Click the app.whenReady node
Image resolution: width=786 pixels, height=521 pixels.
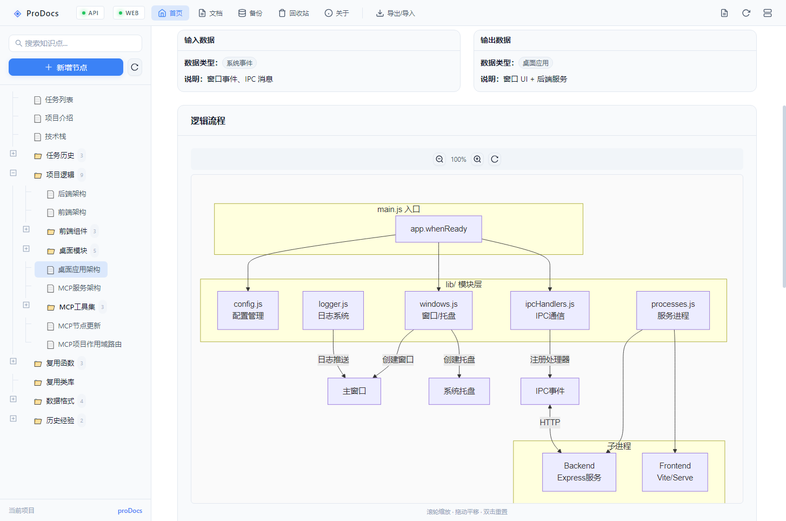(x=438, y=229)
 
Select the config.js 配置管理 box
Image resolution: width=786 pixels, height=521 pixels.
(x=248, y=310)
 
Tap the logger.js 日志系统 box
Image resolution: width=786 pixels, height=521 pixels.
(x=333, y=310)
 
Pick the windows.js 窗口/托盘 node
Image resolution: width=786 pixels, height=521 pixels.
(x=438, y=310)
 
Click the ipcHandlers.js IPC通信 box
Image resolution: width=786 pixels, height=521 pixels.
(x=550, y=310)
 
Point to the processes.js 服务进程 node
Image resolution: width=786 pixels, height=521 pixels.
(x=673, y=310)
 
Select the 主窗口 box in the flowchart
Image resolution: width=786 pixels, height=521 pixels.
(x=354, y=391)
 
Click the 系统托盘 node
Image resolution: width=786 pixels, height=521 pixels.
(x=459, y=391)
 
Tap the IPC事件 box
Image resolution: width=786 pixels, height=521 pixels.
(x=550, y=391)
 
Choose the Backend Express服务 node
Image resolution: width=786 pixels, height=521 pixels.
(x=579, y=472)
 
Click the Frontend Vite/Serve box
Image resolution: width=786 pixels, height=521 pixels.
(x=675, y=472)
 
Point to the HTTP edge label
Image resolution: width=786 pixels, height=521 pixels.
(x=550, y=423)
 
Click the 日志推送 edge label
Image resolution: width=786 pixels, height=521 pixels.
(x=333, y=360)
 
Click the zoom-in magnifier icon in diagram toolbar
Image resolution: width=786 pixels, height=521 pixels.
(x=477, y=159)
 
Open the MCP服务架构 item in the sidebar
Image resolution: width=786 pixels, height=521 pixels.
(x=79, y=288)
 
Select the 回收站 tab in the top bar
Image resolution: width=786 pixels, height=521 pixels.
(x=294, y=13)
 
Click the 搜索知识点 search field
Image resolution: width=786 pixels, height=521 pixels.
(x=76, y=43)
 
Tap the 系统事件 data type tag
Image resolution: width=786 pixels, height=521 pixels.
(x=239, y=63)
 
